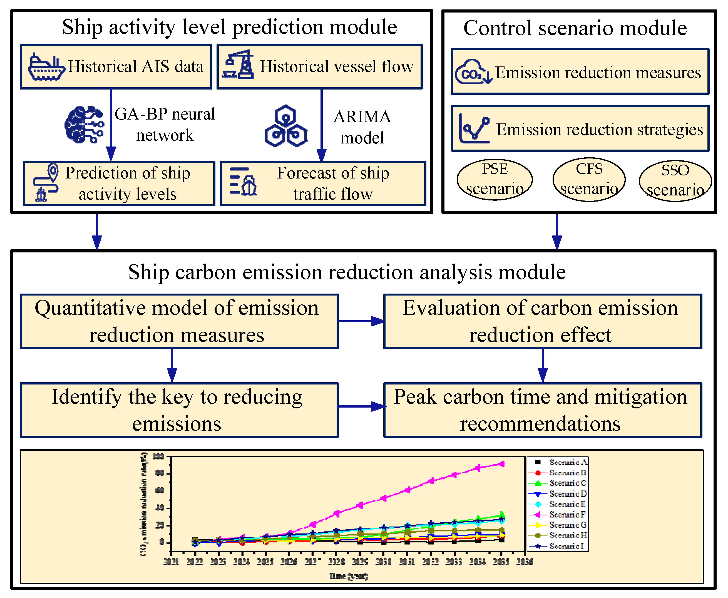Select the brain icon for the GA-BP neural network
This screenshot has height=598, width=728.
coord(84,125)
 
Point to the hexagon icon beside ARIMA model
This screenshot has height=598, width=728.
coord(285,126)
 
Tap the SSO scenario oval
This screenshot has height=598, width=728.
coord(675,181)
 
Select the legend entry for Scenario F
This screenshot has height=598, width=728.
coord(558,515)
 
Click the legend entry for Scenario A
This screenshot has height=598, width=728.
coord(558,462)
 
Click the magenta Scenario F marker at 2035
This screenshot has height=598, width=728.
coord(502,464)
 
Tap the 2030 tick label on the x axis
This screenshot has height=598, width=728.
coord(383,562)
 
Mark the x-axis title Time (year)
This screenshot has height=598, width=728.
coord(349,576)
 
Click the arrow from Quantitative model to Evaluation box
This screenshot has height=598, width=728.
coord(361,321)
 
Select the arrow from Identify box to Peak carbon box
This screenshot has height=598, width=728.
coord(361,406)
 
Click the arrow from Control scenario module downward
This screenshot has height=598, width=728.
coord(557,231)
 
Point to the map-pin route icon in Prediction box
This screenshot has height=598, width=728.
coord(46,183)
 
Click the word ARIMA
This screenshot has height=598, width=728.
coord(362,117)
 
